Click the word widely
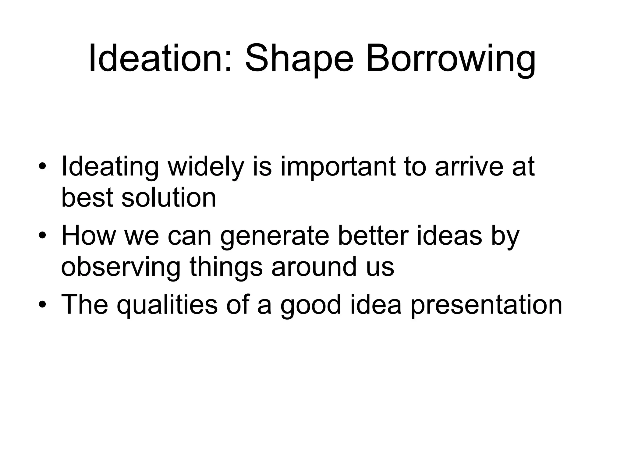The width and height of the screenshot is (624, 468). tap(206, 168)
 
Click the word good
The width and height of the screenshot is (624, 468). tap(310, 306)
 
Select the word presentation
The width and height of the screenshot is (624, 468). tap(486, 306)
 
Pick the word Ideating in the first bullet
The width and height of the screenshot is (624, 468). tap(110, 168)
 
